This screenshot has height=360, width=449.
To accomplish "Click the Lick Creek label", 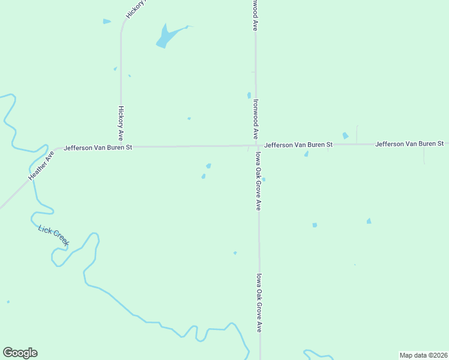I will pos(53,236).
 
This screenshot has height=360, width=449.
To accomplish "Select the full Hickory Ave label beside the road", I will pos(121,124).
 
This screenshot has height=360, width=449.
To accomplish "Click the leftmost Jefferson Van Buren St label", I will pos(98,147).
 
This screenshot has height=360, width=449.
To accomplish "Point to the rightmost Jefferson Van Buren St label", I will pos(409,144).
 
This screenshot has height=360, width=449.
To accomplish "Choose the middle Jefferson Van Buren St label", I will pos(298,145).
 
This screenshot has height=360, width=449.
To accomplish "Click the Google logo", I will pos(20,353).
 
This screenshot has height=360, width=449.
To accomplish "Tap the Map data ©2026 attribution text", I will pos(424,355).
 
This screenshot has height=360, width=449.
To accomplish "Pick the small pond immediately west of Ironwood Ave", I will pos(249,95).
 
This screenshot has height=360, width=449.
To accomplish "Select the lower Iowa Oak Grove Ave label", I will pos(259,303).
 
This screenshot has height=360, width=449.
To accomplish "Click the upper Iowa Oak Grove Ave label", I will pos(258,181).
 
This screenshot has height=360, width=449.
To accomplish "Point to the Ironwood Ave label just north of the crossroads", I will pos(256,119).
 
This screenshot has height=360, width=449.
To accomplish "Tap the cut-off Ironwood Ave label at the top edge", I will pos(255,15).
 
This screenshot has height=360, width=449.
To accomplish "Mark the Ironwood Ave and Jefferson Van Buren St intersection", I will pos(256,145).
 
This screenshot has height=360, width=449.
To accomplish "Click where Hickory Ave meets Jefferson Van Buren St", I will pos(121,146).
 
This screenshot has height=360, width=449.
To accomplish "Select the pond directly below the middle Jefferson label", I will pos(306,154).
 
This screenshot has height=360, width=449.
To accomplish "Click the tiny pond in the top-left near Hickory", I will pos(107,22).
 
